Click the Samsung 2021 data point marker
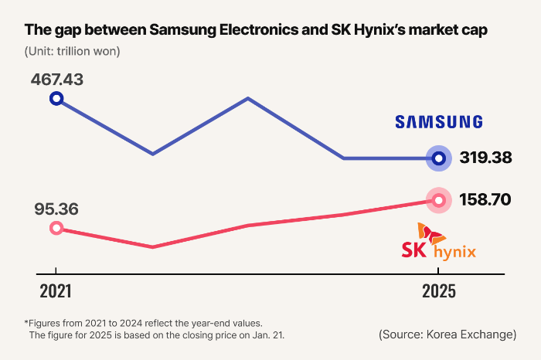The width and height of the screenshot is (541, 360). [56, 98]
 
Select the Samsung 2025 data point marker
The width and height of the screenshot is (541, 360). [439, 158]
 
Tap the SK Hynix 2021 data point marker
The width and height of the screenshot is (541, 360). [56, 228]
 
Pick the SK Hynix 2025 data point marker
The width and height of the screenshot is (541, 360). [439, 200]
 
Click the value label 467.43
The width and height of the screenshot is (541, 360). [57, 80]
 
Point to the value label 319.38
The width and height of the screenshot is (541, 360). [485, 158]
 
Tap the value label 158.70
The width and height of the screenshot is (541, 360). [485, 199]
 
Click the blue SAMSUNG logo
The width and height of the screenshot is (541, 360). [438, 121]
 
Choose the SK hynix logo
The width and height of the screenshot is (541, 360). [438, 243]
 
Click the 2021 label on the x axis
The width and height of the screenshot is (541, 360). [56, 292]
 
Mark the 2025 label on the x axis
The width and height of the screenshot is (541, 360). [438, 292]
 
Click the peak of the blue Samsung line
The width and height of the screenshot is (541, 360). [247, 98]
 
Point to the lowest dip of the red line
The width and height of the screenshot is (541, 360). [152, 247]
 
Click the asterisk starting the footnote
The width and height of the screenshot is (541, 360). [27, 322]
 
